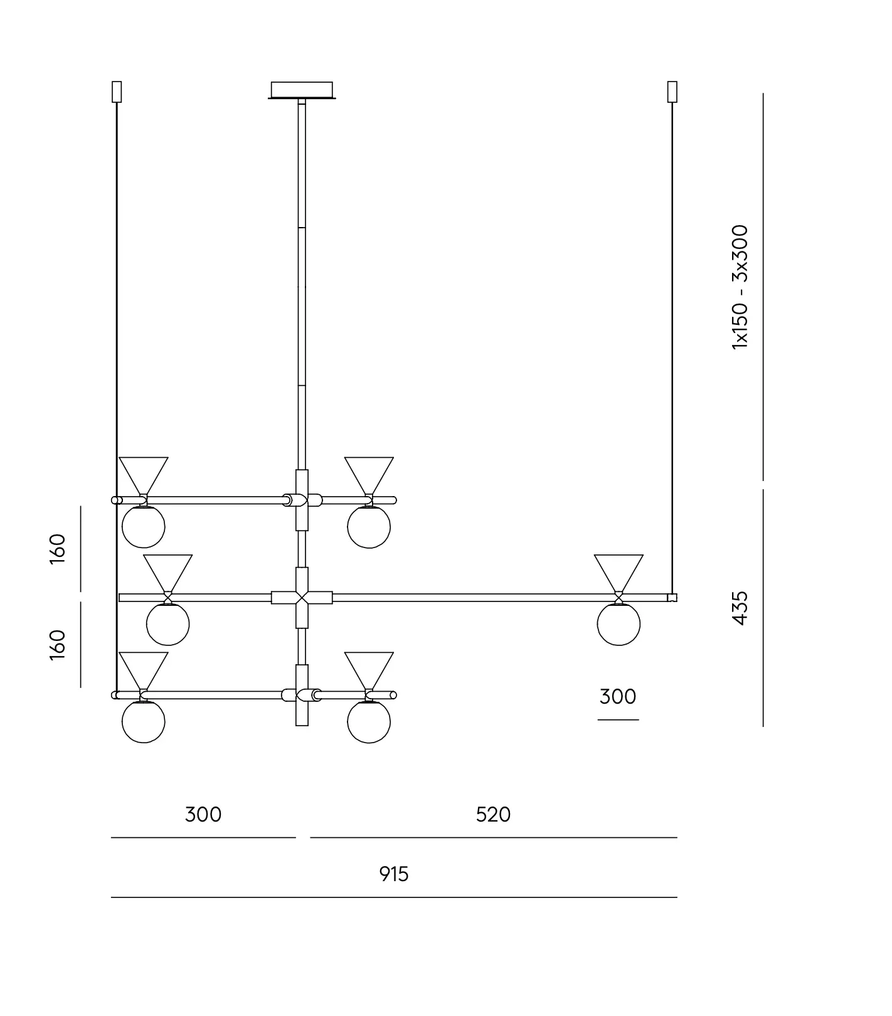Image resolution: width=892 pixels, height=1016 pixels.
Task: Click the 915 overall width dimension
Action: (394, 874)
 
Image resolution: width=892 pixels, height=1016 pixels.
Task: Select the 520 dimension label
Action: (494, 815)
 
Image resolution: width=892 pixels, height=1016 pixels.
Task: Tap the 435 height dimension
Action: (741, 608)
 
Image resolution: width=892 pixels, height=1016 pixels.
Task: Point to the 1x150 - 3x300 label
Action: (741, 287)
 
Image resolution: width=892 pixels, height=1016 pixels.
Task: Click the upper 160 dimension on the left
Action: (58, 549)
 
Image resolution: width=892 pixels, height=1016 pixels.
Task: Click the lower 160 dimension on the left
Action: (58, 645)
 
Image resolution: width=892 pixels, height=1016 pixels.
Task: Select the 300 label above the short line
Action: (618, 697)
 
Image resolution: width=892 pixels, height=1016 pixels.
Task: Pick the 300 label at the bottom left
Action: (203, 815)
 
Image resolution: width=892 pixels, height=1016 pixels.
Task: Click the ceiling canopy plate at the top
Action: (302, 90)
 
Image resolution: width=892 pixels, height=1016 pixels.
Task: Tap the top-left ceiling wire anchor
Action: (116, 92)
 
